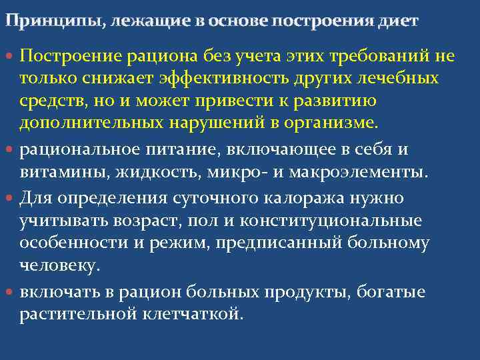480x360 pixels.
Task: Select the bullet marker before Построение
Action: [12, 56]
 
